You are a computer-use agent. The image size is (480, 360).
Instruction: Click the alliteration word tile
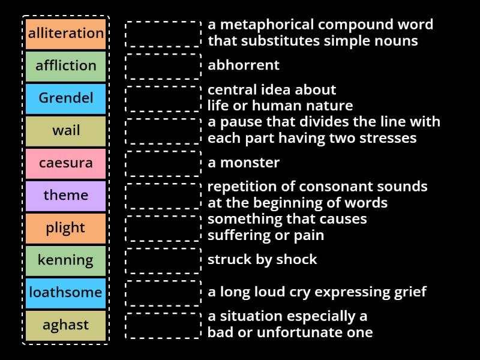66,34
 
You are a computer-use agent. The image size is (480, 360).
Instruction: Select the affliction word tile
66,66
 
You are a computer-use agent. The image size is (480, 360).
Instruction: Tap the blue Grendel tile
66,98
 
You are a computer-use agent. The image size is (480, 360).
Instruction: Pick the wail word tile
66,131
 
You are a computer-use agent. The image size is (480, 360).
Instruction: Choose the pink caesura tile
66,163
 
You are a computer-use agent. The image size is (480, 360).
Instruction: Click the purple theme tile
66,196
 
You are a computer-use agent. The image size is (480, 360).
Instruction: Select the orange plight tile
66,228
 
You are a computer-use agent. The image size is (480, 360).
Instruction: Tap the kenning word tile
66,260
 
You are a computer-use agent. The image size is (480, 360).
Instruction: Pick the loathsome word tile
66,293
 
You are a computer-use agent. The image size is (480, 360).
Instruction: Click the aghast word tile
66,325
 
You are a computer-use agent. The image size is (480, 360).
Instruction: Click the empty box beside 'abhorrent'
163,66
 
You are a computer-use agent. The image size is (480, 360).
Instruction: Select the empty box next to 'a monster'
163,163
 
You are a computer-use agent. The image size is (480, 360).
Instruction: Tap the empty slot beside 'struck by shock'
163,260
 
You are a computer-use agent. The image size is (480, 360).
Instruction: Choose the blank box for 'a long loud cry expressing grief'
163,293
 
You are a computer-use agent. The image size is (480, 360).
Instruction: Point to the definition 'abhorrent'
244,65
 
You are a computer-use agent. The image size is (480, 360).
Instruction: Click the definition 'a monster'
244,163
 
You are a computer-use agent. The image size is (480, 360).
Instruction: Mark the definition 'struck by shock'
262,260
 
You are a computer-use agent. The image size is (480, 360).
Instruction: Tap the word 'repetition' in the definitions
238,187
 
